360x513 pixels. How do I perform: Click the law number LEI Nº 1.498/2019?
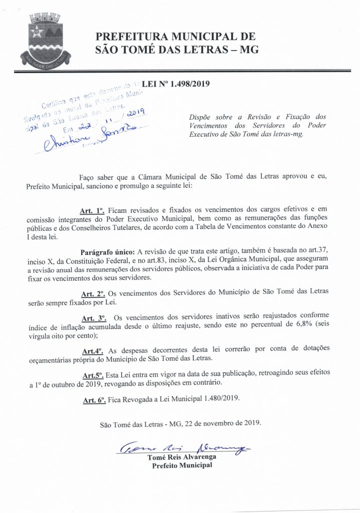click(x=175, y=85)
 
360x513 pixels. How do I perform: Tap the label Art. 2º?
click(x=93, y=293)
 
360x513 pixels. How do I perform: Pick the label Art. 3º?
click(x=93, y=318)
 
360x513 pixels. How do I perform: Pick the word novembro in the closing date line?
click(x=210, y=424)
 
